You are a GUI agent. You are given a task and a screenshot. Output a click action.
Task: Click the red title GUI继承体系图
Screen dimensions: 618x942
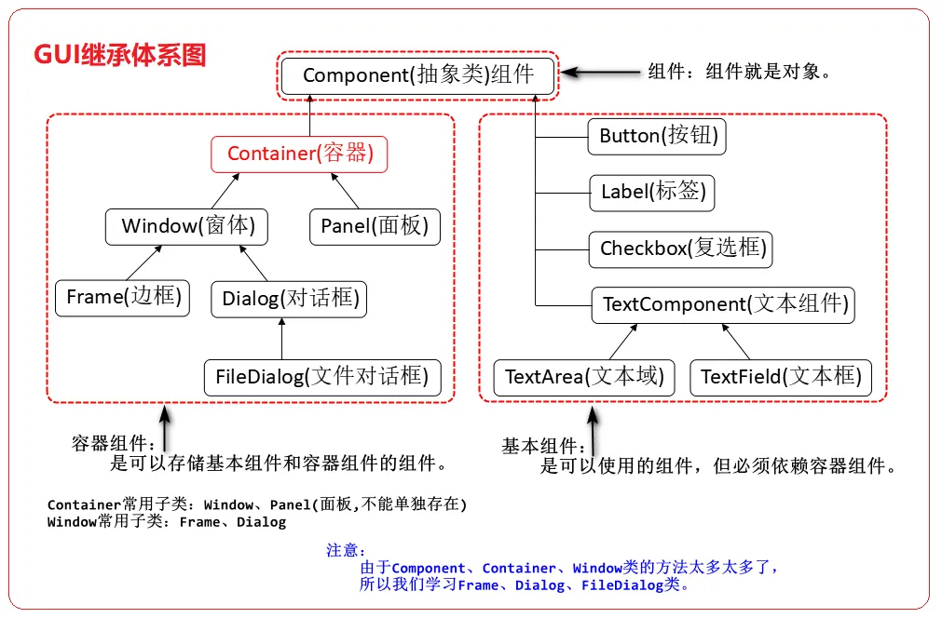coord(120,55)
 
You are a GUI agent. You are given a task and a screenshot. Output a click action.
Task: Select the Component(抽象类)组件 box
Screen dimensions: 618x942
coord(418,75)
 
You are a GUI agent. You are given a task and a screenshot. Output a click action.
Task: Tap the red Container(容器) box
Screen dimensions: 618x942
coord(299,154)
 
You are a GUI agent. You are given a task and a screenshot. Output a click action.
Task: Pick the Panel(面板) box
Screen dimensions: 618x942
coord(374,226)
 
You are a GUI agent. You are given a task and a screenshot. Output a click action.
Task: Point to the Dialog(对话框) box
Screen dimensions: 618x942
coord(290,299)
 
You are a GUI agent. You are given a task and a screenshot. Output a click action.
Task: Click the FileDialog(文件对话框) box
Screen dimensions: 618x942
coord(321,377)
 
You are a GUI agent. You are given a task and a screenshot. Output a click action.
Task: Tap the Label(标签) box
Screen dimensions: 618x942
coord(652,193)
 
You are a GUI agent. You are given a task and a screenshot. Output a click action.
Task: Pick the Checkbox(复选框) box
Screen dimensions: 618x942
coord(682,249)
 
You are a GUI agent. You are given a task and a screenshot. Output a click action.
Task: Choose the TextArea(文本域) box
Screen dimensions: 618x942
coord(583,377)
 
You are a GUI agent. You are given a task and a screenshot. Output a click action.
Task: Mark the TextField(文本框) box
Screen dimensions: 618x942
coord(780,377)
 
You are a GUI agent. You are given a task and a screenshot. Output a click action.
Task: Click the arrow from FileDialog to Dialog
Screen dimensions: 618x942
coord(281,337)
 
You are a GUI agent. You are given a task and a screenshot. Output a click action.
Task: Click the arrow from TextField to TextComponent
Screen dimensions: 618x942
coord(734,341)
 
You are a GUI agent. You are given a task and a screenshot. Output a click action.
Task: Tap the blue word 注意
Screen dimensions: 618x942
coord(346,550)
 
